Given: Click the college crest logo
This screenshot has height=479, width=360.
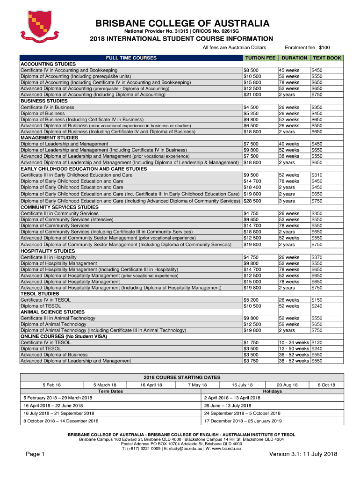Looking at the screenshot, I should point(39,28).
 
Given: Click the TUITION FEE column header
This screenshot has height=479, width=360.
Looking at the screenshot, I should point(260,58).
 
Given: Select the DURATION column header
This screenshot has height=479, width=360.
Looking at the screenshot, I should point(294,58).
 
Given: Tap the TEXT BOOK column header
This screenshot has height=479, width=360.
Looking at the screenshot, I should point(327,58).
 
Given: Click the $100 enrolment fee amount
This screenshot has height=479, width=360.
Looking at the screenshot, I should point(324,48).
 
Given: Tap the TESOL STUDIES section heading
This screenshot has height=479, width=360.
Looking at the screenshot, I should point(39,294).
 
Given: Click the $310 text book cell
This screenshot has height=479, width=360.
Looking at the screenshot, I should point(317,175).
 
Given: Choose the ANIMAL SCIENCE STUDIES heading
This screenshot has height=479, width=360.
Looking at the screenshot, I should point(52,312).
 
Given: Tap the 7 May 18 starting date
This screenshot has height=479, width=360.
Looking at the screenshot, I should point(197,385).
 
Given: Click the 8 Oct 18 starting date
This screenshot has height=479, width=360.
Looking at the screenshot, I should point(326,385).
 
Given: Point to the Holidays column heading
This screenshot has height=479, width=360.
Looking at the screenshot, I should point(273,391).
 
